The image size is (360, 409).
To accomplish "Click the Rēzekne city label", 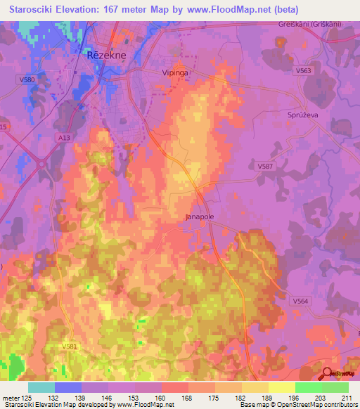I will (x=106, y=55).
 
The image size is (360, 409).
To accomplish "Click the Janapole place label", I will (x=200, y=217).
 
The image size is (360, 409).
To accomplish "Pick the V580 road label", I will (x=27, y=80).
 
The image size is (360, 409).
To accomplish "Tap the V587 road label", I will (x=265, y=165).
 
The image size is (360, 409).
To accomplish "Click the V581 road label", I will (x=69, y=346).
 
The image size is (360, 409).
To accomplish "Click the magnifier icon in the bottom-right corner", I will (x=328, y=375).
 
